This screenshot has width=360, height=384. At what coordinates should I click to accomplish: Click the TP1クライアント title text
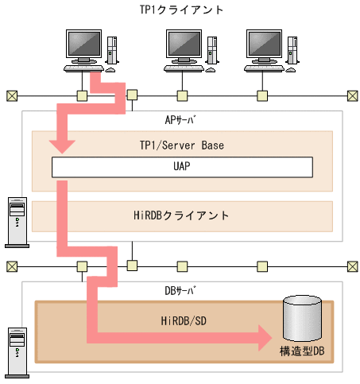point(181,10)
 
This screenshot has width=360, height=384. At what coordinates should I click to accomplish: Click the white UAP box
point(181,168)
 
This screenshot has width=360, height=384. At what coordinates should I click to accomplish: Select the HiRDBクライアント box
point(181,215)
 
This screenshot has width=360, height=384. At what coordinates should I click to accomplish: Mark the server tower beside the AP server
point(15,216)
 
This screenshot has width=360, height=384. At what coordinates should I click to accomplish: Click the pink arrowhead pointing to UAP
point(62,145)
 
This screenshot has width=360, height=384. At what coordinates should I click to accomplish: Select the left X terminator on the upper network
point(11,96)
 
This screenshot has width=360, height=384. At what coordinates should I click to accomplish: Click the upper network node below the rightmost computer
point(261,96)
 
